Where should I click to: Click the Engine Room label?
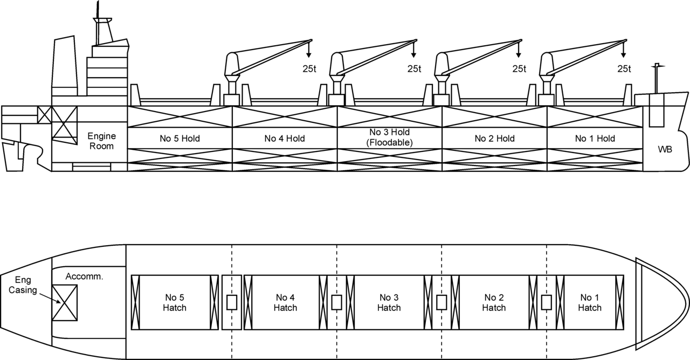102,141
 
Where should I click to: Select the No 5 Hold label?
180,139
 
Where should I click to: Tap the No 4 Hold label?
285,139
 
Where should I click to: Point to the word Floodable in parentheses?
389,143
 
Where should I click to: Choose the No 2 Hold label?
494,139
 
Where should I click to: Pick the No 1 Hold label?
595,139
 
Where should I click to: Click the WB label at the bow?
665,149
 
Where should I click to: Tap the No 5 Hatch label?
174,302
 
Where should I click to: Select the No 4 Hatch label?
285,302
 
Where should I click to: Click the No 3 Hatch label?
389,302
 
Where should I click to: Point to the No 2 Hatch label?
494,302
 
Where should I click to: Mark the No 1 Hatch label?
589,302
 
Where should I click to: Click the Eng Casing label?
23,285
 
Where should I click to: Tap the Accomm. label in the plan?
84,276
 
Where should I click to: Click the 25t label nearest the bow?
624,69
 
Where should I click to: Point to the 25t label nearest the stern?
309,69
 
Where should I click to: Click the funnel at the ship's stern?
64,65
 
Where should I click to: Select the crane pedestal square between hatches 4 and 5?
232,302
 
